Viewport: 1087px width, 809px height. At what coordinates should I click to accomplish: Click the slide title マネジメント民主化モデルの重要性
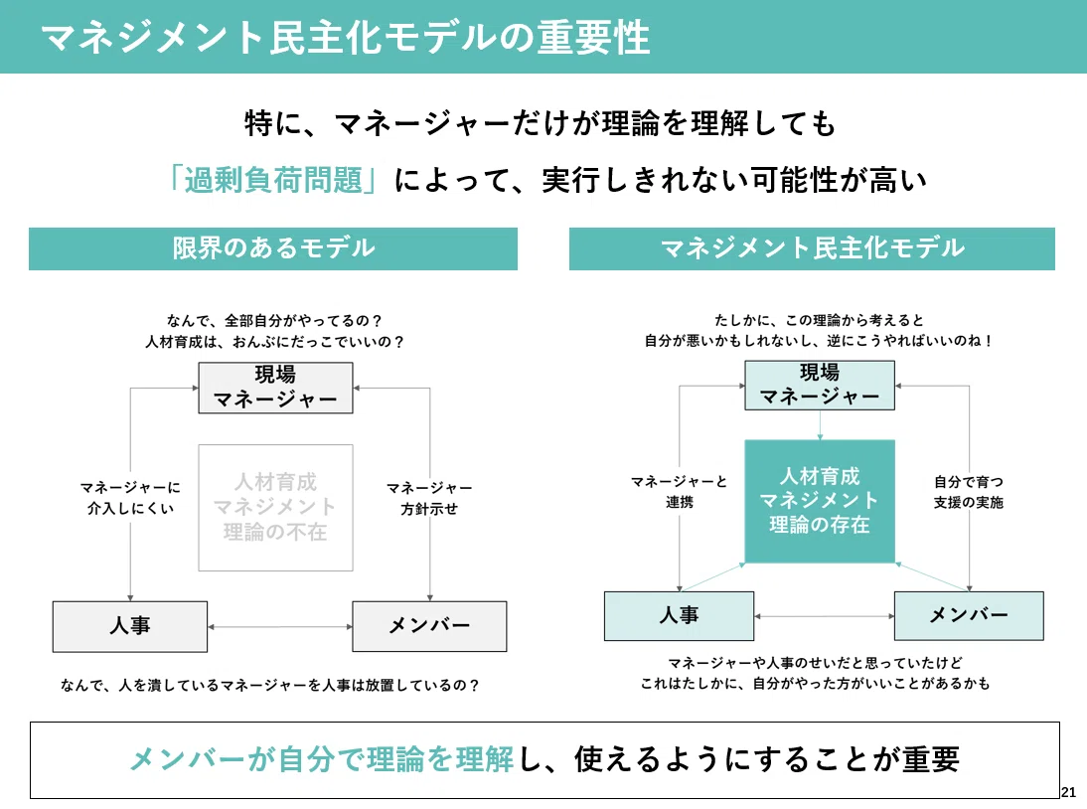pos(345,38)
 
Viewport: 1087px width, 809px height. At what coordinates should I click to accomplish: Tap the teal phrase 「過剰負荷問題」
pos(272,180)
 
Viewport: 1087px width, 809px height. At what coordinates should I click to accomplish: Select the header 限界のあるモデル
pos(273,248)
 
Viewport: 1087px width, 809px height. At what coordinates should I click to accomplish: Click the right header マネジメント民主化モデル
pos(812,248)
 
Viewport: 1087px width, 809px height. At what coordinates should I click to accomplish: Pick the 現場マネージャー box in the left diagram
pos(276,388)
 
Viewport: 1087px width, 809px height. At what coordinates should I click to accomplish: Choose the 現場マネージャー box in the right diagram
pos(820,385)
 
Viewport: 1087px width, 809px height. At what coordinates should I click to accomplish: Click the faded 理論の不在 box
pos(276,508)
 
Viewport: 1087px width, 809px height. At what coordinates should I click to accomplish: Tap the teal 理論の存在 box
pos(820,501)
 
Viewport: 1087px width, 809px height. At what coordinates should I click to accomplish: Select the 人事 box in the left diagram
pos(129,626)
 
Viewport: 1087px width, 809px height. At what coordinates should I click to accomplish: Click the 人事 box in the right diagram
pos(679,615)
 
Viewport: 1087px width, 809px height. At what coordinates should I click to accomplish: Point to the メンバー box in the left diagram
pos(429,626)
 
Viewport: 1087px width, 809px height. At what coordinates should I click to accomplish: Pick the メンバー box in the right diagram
pos(969,615)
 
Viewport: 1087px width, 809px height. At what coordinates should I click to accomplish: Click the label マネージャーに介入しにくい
pos(130,498)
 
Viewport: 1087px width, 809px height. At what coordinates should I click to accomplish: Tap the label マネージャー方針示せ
pos(429,499)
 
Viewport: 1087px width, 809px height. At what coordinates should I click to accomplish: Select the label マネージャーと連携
pos(679,492)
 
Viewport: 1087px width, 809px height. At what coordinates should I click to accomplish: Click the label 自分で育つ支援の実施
pos(969,492)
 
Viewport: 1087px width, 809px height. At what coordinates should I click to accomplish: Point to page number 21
pos(1068,792)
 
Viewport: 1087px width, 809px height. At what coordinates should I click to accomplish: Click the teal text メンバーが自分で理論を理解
pos(322,759)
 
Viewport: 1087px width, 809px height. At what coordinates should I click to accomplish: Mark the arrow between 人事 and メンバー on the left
pos(280,627)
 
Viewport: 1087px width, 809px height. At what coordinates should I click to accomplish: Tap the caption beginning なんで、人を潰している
pos(269,685)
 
